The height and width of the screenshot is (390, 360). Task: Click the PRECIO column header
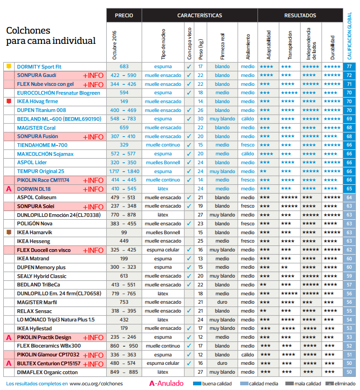tap(124, 15)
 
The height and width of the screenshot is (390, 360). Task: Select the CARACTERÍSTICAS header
tap(199, 15)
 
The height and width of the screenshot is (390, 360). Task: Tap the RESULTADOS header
tap(300, 15)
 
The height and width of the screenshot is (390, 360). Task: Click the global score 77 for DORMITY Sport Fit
tap(349, 67)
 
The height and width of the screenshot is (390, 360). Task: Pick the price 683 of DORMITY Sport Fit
tap(124, 67)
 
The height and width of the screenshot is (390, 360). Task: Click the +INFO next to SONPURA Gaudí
tap(93, 76)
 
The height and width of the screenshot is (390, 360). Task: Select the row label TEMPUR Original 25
tap(41, 171)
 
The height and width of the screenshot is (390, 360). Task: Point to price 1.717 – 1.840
tap(124, 171)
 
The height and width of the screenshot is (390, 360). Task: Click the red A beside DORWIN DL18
tap(8, 189)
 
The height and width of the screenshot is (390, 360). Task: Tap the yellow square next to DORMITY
tap(8, 67)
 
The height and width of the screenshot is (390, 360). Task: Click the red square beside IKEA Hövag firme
tap(8, 101)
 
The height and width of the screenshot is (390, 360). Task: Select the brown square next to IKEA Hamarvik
tap(8, 232)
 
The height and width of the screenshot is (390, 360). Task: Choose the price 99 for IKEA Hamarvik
tap(124, 232)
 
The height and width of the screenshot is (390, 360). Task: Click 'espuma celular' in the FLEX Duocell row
tap(163, 250)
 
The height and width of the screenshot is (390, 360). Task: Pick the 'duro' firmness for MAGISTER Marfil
tap(222, 302)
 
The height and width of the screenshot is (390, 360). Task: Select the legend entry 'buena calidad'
tap(215, 384)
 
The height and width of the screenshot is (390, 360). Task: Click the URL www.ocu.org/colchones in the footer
tap(96, 384)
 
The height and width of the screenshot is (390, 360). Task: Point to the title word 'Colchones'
tap(28, 31)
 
